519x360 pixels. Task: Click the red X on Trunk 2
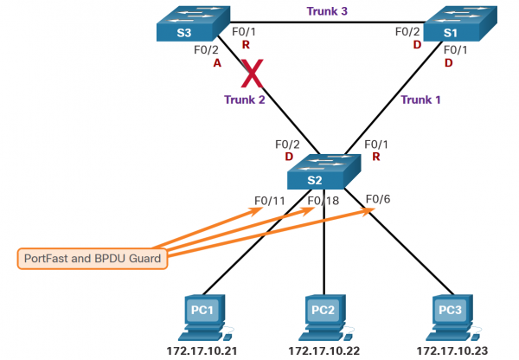coord(252,74)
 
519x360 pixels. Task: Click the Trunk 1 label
coord(421,100)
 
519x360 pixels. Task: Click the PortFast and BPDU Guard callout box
coord(91,257)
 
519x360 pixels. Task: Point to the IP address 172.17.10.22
coord(323,351)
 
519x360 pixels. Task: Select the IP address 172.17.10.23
coord(452,351)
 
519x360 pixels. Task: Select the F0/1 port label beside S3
coord(244,31)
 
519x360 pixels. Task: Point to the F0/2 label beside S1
coord(407,31)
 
